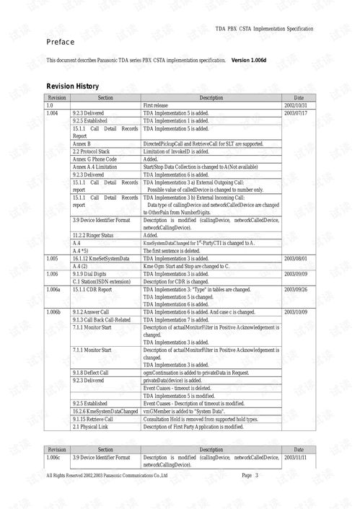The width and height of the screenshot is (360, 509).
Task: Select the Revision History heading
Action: pos(73,87)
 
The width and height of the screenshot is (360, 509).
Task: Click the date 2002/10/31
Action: pos(297,105)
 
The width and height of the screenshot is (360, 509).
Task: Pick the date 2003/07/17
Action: pos(297,113)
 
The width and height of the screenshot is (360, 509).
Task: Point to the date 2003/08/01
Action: pos(297,257)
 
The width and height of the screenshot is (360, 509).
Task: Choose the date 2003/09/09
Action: pos(297,274)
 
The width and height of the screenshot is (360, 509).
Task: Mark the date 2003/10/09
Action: pos(297,312)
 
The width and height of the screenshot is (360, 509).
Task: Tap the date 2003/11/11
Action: pos(297,458)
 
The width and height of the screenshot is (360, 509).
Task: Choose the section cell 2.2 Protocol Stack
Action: pos(90,151)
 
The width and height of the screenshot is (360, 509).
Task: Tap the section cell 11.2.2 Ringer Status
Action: pos(95,235)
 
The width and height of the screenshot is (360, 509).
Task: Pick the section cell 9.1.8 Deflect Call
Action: pos(91,373)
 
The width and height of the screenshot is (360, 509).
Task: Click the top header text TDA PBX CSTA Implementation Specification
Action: pos(264,27)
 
